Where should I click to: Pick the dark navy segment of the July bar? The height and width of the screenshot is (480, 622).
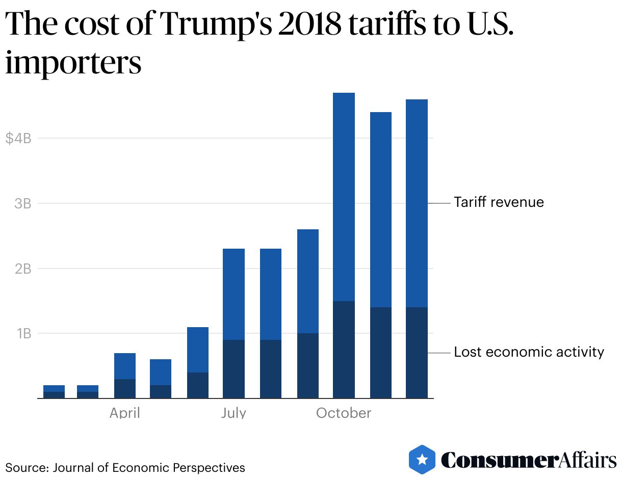pyautogui.click(x=234, y=369)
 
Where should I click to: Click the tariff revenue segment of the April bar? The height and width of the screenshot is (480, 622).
pyautogui.click(x=125, y=366)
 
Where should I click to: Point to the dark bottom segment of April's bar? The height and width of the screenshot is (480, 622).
pyautogui.click(x=125, y=388)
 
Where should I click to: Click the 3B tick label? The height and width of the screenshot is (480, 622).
pyautogui.click(x=23, y=203)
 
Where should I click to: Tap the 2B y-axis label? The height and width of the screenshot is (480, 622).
pyautogui.click(x=23, y=269)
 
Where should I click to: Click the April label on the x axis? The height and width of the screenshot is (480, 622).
pyautogui.click(x=125, y=413)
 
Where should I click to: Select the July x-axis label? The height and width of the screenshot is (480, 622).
pyautogui.click(x=234, y=413)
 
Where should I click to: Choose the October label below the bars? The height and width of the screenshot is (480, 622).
pyautogui.click(x=344, y=413)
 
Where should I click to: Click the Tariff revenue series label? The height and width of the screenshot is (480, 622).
pyautogui.click(x=499, y=202)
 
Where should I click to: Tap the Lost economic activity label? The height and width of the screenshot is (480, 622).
pyautogui.click(x=529, y=352)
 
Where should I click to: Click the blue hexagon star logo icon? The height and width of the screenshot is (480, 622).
pyautogui.click(x=422, y=460)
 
